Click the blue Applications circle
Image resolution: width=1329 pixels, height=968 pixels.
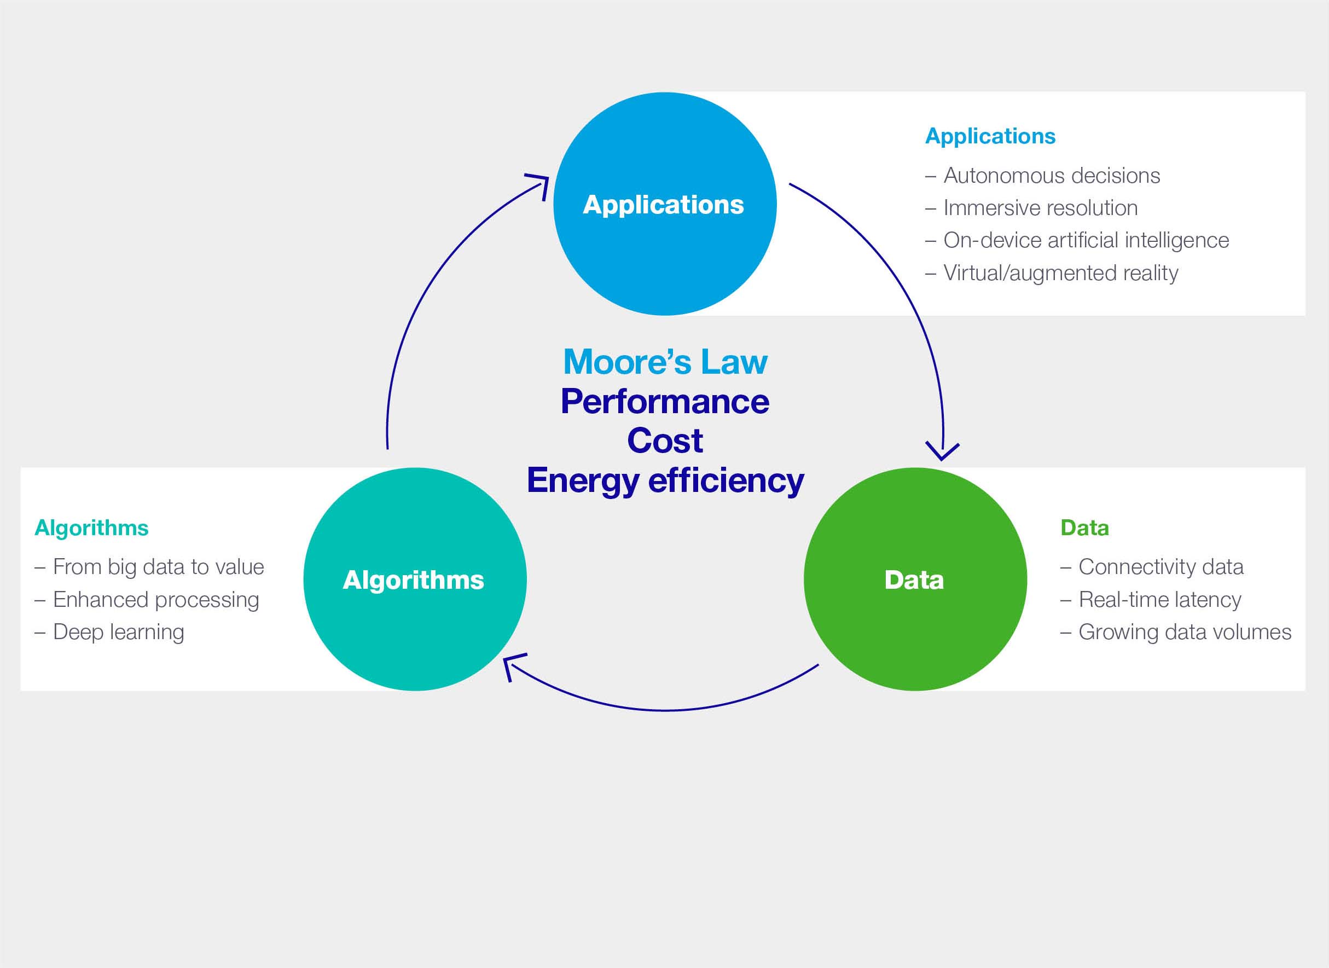[664, 204]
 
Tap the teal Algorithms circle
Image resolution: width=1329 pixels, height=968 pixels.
[415, 579]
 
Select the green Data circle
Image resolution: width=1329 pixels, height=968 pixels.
[915, 579]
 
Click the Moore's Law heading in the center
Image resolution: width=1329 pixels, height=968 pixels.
[665, 362]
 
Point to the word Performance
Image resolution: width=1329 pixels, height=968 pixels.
[665, 402]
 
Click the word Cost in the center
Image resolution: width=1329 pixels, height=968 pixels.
[665, 440]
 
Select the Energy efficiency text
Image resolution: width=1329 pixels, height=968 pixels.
[665, 480]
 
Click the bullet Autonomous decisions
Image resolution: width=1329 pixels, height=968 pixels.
[1051, 176]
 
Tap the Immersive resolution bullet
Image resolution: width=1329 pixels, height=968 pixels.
[1040, 208]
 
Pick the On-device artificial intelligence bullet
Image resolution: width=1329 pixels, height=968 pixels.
[1086, 240]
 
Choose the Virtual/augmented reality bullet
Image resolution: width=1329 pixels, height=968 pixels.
[1060, 273]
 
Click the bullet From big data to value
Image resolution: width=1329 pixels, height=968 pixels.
[158, 566]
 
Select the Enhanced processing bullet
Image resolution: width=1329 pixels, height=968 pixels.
[156, 599]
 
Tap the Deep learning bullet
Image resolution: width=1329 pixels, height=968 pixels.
[118, 631]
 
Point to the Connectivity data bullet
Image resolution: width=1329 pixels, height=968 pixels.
[1161, 566]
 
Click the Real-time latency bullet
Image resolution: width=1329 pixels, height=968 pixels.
[1159, 599]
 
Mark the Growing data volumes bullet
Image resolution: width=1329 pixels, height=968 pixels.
[1185, 631]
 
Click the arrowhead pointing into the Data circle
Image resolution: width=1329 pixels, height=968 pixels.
[942, 453]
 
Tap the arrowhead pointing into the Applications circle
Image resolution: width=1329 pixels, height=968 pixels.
[539, 183]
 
